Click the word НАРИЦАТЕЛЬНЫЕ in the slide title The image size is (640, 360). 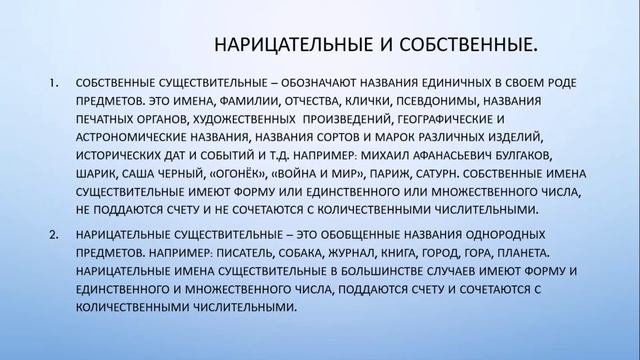click(267, 45)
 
